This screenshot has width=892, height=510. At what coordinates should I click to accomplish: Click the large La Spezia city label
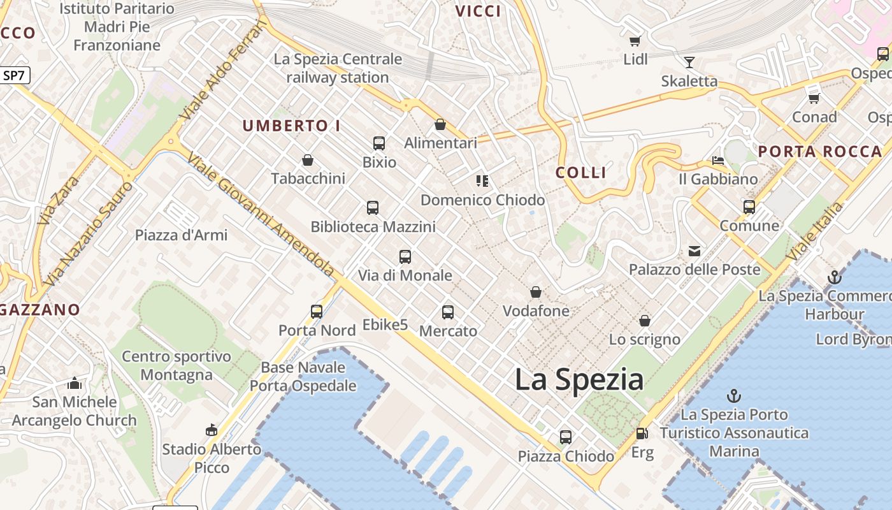pyautogui.click(x=579, y=380)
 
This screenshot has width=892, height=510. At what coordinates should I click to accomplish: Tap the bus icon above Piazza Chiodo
pyautogui.click(x=566, y=437)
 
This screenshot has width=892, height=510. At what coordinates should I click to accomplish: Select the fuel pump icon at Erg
pyautogui.click(x=642, y=433)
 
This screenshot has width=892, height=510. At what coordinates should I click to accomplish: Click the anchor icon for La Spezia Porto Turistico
pyautogui.click(x=734, y=396)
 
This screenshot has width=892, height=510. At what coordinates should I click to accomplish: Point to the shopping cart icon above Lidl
pyautogui.click(x=635, y=41)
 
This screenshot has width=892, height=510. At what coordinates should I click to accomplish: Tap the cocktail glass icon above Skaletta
pyautogui.click(x=689, y=62)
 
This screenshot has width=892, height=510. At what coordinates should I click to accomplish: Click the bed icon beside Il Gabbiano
pyautogui.click(x=718, y=160)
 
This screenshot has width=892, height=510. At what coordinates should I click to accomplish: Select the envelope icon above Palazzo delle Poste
pyautogui.click(x=694, y=251)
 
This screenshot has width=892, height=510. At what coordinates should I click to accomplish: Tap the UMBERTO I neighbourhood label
pyautogui.click(x=291, y=126)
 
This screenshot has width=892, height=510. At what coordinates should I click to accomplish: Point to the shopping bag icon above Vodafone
pyautogui.click(x=536, y=293)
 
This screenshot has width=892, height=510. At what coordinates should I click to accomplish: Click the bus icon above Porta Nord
pyautogui.click(x=317, y=312)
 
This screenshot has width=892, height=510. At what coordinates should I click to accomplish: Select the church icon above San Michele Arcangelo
pyautogui.click(x=75, y=383)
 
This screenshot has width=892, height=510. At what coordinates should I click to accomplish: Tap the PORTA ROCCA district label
pyautogui.click(x=820, y=152)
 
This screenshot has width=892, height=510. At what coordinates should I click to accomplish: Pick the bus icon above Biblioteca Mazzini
pyautogui.click(x=373, y=208)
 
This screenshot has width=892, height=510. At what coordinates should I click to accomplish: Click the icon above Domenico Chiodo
pyautogui.click(x=482, y=181)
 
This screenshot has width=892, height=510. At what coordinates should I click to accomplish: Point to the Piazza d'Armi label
pyautogui.click(x=181, y=235)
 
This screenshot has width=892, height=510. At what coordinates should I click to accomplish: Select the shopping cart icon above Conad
pyautogui.click(x=814, y=98)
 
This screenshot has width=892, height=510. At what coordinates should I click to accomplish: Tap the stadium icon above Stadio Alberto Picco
pyautogui.click(x=211, y=430)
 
